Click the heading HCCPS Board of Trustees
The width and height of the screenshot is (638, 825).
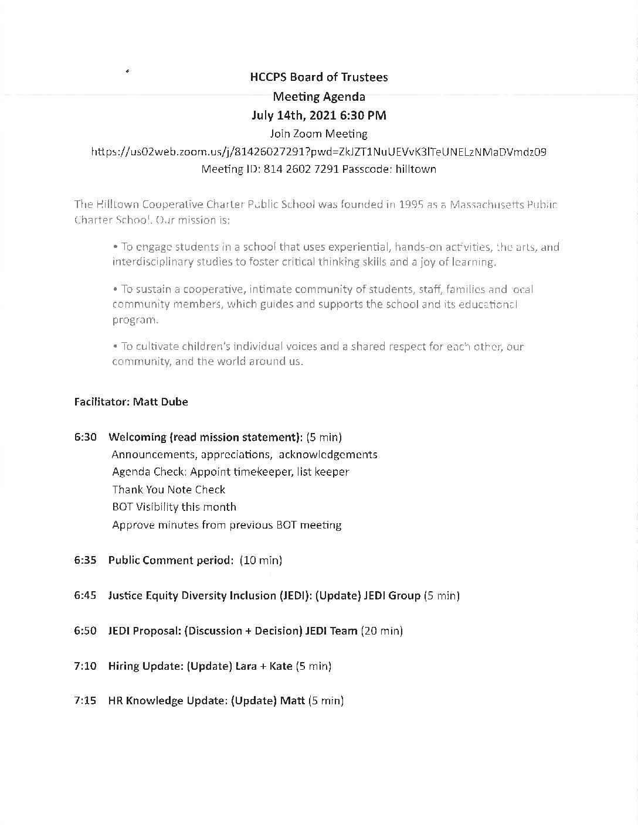click(x=318, y=77)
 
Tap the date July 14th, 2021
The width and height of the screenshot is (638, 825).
click(x=291, y=115)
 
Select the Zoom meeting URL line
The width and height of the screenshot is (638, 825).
click(x=318, y=151)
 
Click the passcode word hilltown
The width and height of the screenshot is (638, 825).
click(x=415, y=169)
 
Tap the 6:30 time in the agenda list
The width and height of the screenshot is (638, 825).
click(x=85, y=437)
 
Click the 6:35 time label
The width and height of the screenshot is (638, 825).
click(x=85, y=560)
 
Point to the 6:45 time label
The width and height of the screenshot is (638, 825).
click(x=85, y=595)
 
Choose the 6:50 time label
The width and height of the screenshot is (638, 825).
click(x=85, y=630)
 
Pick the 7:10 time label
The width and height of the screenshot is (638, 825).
click(x=85, y=666)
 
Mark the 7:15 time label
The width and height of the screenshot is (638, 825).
click(x=85, y=701)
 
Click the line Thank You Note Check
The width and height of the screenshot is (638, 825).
click(x=169, y=489)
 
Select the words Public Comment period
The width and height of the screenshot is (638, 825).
click(x=171, y=560)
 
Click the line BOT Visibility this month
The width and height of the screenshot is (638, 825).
click(x=174, y=507)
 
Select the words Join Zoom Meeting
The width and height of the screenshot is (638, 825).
click(x=318, y=134)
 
